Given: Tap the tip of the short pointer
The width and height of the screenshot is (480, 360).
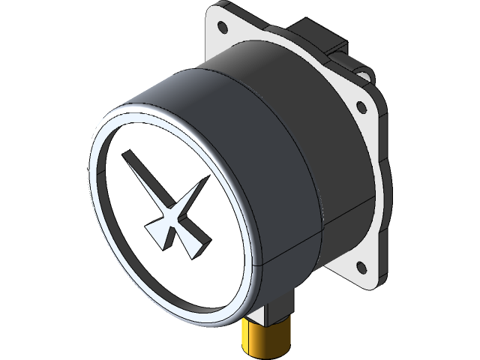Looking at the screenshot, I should click(207, 178).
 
